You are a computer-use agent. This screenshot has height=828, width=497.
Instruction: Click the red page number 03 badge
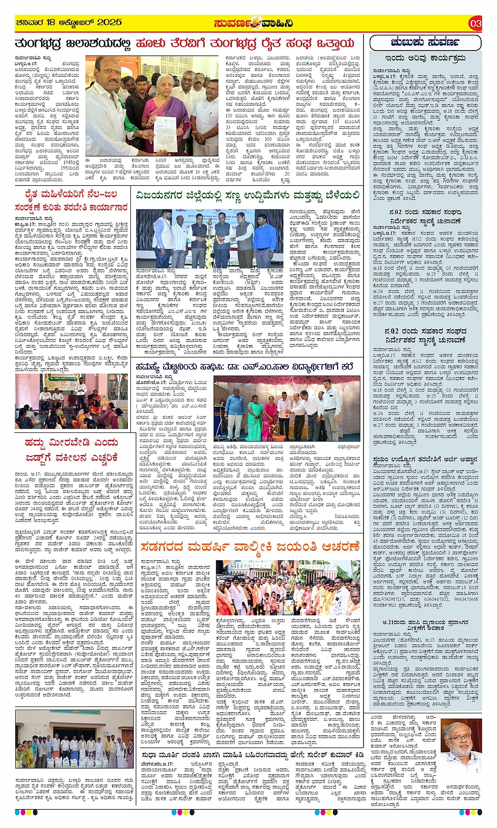pyautogui.click(x=475, y=23)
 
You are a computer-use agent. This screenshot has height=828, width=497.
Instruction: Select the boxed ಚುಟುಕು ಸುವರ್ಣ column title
pyautogui.click(x=425, y=42)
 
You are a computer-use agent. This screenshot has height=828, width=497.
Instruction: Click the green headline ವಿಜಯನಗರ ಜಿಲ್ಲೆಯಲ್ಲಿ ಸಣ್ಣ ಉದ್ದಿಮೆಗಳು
pyautogui.click(x=248, y=196)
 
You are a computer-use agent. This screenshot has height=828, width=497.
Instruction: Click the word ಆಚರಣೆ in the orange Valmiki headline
pyautogui.click(x=333, y=547)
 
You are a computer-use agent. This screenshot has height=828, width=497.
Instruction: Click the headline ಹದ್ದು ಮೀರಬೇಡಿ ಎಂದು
pyautogui.click(x=71, y=443)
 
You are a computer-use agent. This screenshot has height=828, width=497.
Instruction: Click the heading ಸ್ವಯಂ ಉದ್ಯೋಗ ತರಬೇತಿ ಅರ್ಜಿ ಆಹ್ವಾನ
pyautogui.click(x=425, y=459)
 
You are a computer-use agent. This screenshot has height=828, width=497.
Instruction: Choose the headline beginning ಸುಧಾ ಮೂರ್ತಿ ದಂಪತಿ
pyautogui.click(x=252, y=754)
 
